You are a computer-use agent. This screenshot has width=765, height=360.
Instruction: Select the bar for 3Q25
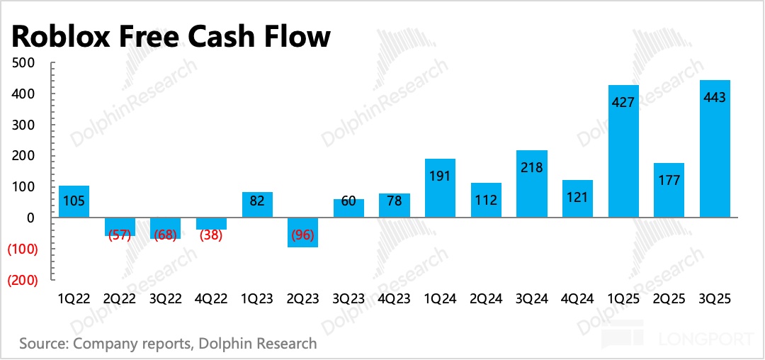714,149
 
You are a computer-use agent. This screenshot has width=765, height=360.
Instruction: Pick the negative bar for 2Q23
303,232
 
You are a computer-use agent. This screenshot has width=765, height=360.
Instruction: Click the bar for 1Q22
74,201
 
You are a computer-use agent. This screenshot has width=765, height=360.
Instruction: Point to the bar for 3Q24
531,184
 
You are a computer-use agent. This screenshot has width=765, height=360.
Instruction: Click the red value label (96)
303,235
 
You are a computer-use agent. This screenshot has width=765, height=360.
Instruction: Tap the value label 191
440,175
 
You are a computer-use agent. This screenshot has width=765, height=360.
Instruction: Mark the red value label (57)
120,235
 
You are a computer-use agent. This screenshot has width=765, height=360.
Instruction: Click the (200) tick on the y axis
22,280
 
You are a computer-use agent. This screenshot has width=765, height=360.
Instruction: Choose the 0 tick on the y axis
30,218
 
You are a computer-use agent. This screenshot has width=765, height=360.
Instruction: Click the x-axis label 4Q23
395,298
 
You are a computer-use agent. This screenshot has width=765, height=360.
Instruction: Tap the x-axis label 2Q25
669,298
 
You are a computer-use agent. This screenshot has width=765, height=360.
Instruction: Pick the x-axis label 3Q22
166,298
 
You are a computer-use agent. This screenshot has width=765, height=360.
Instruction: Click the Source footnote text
168,344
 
